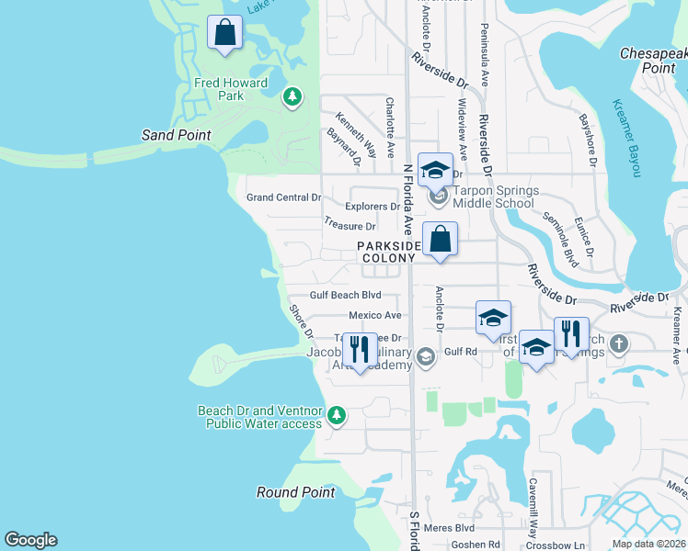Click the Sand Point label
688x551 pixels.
[176, 135]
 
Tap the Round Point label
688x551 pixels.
[295, 492]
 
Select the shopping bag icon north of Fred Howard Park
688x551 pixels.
[224, 34]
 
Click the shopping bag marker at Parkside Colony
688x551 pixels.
[441, 240]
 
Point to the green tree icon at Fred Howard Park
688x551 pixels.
[292, 96]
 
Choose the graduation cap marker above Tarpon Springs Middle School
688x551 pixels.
[435, 170]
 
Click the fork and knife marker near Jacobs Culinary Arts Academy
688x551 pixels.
[360, 350]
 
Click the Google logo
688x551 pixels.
[30, 540]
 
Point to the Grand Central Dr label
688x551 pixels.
[284, 197]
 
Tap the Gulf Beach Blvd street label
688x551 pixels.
[345, 296]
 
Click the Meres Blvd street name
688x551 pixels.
[451, 528]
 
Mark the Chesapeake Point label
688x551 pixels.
[653, 61]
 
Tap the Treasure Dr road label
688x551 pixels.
[350, 225]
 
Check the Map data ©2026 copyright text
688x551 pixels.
[648, 544]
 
